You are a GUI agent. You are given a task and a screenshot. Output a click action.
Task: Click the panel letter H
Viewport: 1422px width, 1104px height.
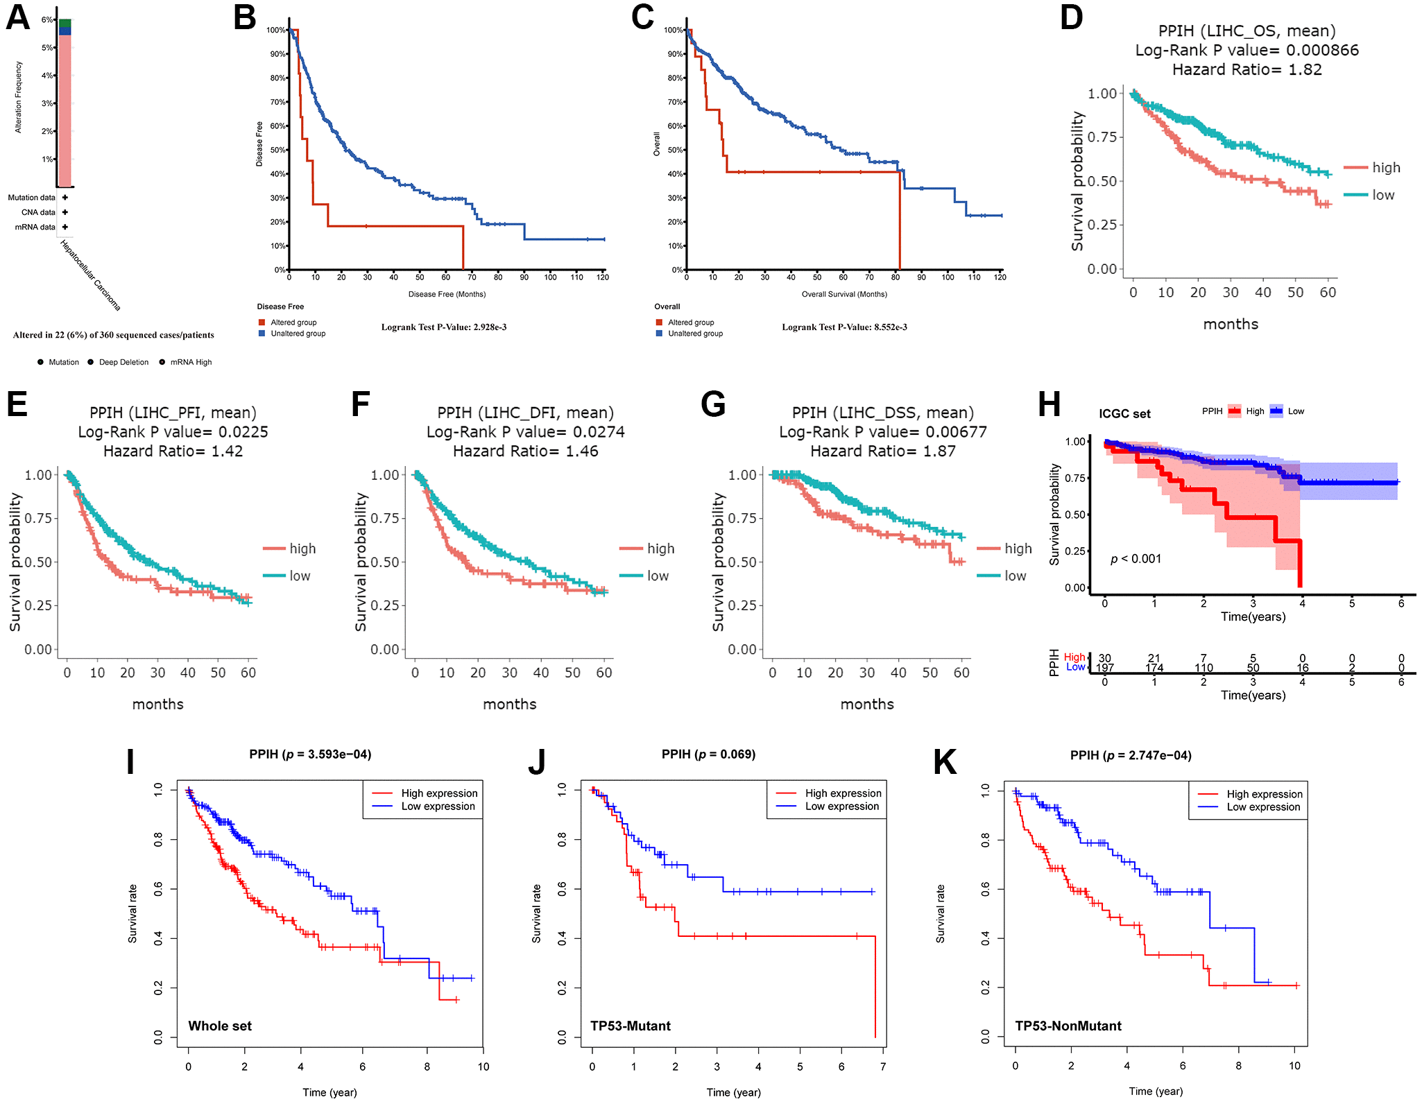(x=1049, y=404)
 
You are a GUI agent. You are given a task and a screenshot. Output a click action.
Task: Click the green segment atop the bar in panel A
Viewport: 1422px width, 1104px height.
(x=65, y=24)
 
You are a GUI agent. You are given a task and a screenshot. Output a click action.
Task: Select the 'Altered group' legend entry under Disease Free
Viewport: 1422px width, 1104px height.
(x=293, y=322)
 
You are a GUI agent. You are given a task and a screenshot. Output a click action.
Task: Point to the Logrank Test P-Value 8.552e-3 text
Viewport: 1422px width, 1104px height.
(x=844, y=327)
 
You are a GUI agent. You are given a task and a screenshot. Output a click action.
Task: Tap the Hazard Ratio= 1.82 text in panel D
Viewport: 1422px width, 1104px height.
(x=1247, y=70)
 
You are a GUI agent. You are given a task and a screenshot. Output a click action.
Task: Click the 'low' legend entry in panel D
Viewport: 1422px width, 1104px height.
(x=1382, y=196)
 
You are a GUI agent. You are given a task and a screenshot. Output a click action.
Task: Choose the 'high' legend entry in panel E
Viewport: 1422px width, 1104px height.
(x=302, y=549)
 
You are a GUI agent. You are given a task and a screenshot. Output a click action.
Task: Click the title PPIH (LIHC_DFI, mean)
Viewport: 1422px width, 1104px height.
(x=525, y=413)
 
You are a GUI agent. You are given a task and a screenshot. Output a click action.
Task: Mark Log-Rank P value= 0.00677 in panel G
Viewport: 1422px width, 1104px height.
(x=882, y=432)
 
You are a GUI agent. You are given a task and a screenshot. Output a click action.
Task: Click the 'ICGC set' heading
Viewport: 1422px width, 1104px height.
(x=1124, y=414)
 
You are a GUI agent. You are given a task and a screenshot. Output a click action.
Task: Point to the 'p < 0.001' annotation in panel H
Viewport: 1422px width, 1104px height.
(x=1136, y=559)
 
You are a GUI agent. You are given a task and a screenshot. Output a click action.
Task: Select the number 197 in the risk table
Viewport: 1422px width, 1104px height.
(x=1105, y=669)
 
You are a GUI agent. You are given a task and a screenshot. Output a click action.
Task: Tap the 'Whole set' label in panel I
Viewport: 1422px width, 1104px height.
(x=220, y=1026)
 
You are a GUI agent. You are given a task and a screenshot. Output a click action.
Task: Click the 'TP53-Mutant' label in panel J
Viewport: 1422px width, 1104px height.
(x=630, y=1026)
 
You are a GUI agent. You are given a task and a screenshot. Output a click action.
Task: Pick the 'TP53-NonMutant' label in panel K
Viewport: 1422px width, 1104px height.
(x=1068, y=1026)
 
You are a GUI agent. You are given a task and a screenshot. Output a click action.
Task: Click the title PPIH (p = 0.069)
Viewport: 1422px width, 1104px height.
(x=708, y=754)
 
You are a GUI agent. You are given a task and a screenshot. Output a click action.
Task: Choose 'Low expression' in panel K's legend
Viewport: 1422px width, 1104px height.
(x=1263, y=807)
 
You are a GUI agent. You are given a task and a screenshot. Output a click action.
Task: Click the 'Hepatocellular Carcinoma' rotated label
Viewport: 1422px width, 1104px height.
(x=90, y=275)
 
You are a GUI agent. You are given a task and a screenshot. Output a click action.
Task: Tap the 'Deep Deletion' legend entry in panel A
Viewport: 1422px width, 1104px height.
(x=123, y=362)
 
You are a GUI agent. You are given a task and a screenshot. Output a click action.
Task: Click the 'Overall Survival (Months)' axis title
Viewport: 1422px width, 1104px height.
(x=844, y=294)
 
